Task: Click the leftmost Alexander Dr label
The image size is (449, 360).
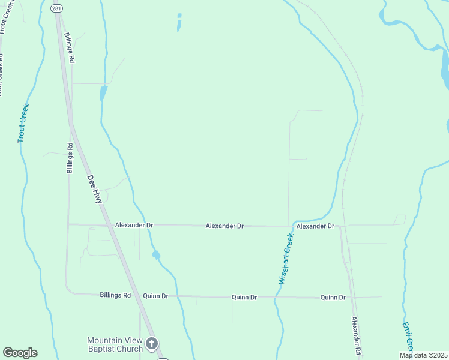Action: click(x=134, y=225)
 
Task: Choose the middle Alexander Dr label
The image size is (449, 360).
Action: click(x=224, y=226)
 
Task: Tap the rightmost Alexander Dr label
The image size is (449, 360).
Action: click(x=315, y=226)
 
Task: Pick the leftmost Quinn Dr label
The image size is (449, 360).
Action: click(x=155, y=296)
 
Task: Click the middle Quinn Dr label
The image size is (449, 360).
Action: click(x=244, y=297)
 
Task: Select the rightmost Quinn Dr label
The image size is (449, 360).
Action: click(x=333, y=297)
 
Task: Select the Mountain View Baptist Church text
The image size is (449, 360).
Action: click(x=115, y=344)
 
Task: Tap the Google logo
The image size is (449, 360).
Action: click(x=20, y=353)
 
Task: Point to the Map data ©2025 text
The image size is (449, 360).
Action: click(x=423, y=355)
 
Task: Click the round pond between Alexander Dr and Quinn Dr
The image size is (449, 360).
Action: click(x=156, y=255)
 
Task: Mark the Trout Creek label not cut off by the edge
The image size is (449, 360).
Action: click(x=23, y=123)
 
